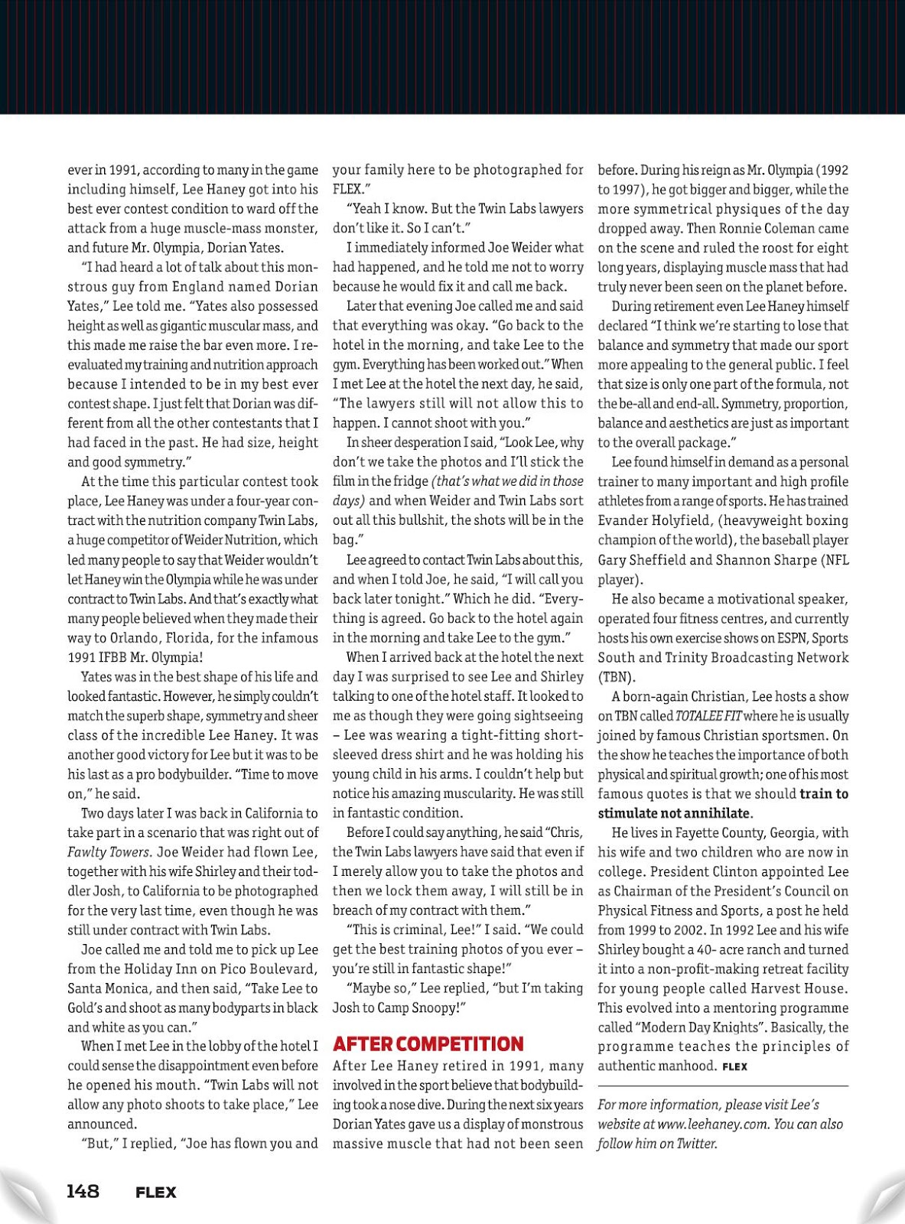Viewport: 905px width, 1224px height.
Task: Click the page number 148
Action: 83,1191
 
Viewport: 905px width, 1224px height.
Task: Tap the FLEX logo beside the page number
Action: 155,1192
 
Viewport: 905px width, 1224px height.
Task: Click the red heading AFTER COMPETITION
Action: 428,1044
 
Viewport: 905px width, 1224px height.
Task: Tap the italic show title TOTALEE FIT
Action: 708,716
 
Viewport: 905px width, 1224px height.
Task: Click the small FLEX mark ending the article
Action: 734,1066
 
